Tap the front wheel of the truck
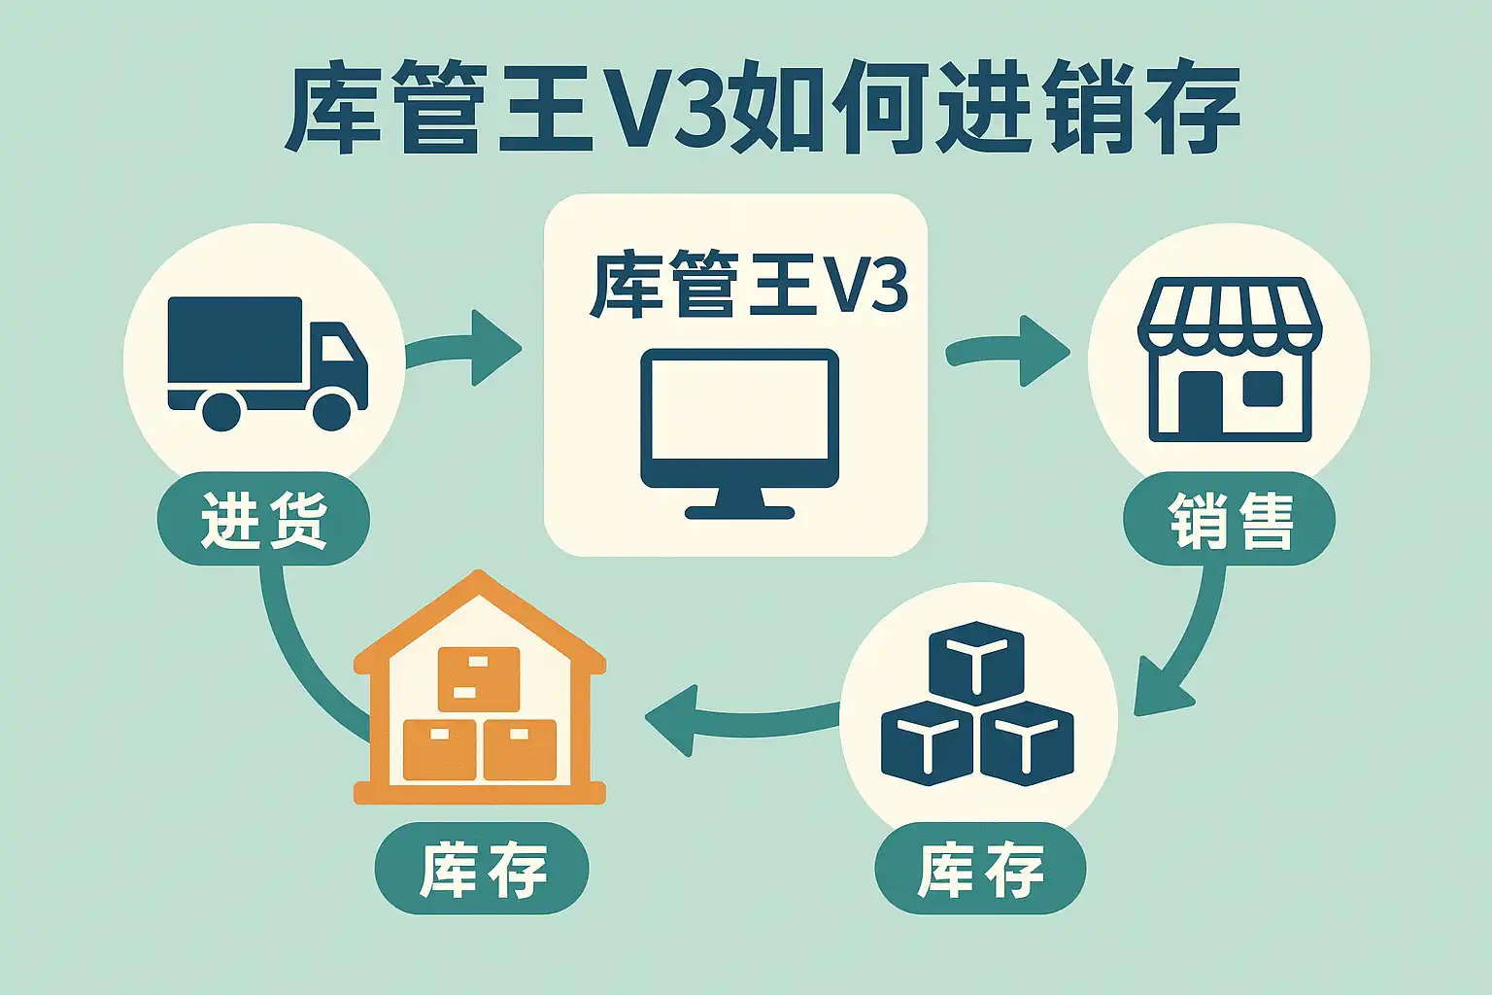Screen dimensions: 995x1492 pos(331,409)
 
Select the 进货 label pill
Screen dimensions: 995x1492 pos(263,519)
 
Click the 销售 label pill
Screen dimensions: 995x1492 pos(1229,520)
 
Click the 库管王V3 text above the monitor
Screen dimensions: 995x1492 pos(748,285)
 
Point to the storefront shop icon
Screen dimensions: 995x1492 pos(1230,360)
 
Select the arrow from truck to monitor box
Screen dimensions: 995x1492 pos(466,348)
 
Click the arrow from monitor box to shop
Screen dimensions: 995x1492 pos(1010,351)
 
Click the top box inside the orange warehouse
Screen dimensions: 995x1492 pos(478,677)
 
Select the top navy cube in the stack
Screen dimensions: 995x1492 pos(976,660)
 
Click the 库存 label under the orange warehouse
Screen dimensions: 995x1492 pos(482,869)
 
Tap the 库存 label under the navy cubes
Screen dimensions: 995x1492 pos(980,869)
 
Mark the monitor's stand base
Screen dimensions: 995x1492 pos(739,509)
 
